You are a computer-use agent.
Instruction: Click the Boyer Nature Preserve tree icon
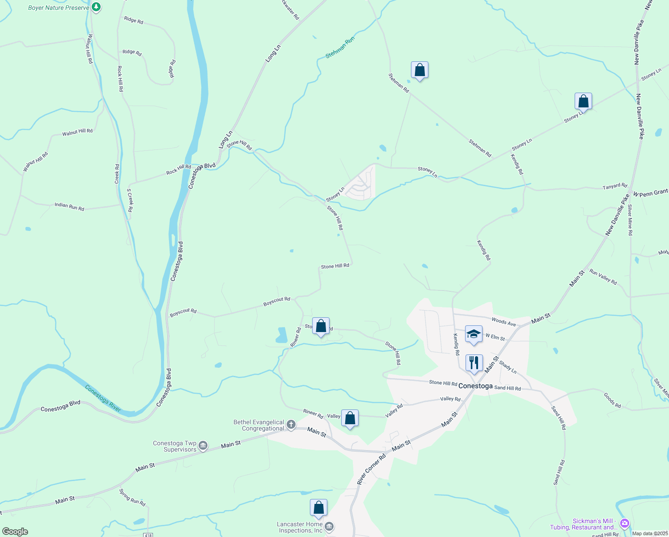click(x=96, y=7)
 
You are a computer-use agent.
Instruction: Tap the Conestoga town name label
click(x=475, y=386)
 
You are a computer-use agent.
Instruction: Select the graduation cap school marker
click(x=474, y=334)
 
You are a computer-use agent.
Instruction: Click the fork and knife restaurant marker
click(x=474, y=363)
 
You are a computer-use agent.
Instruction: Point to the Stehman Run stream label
click(x=340, y=47)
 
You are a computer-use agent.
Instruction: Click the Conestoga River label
click(x=103, y=398)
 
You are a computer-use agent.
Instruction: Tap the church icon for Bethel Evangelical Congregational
click(x=291, y=424)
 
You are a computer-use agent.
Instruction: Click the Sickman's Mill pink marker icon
click(x=625, y=523)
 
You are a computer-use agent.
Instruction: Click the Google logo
click(x=15, y=532)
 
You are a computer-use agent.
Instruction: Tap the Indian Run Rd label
click(x=69, y=206)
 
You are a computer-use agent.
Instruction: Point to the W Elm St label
click(x=495, y=337)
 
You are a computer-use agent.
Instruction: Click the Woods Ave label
click(x=504, y=322)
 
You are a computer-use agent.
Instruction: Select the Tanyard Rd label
click(x=615, y=186)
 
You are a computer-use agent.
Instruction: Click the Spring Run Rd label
click(x=132, y=497)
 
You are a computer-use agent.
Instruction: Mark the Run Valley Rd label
click(x=603, y=277)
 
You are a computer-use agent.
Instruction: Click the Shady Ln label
click(x=508, y=367)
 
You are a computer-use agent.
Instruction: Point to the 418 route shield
click(x=148, y=535)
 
